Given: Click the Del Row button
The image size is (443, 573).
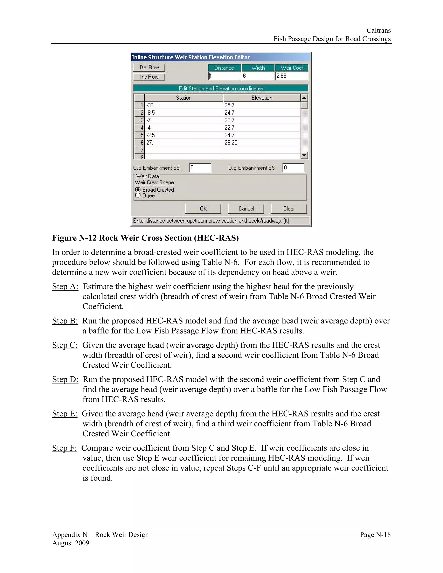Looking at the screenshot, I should click(x=149, y=67).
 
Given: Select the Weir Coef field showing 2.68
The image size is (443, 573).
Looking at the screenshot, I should click(x=291, y=76).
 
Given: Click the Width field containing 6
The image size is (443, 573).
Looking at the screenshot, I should click(x=258, y=76).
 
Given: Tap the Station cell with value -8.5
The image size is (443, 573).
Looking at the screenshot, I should click(x=183, y=113).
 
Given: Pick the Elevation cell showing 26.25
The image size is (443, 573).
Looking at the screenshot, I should click(x=261, y=143).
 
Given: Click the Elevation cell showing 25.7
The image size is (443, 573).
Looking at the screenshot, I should click(x=261, y=105).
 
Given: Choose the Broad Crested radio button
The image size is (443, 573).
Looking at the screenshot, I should click(x=138, y=189).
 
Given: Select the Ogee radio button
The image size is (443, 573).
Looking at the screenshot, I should click(x=138, y=195).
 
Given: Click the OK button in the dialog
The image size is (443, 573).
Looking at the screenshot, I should click(x=203, y=209).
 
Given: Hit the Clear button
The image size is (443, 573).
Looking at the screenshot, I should click(x=289, y=209).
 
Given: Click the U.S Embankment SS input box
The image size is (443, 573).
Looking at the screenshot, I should click(x=200, y=168).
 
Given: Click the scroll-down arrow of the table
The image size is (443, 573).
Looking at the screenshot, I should click(x=304, y=155).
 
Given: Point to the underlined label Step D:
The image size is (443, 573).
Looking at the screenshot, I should click(x=65, y=379).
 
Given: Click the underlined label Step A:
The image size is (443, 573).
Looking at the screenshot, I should click(x=65, y=286).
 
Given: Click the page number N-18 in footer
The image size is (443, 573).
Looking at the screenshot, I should click(x=375, y=535).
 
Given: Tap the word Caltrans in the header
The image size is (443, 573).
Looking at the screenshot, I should click(x=379, y=30).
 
